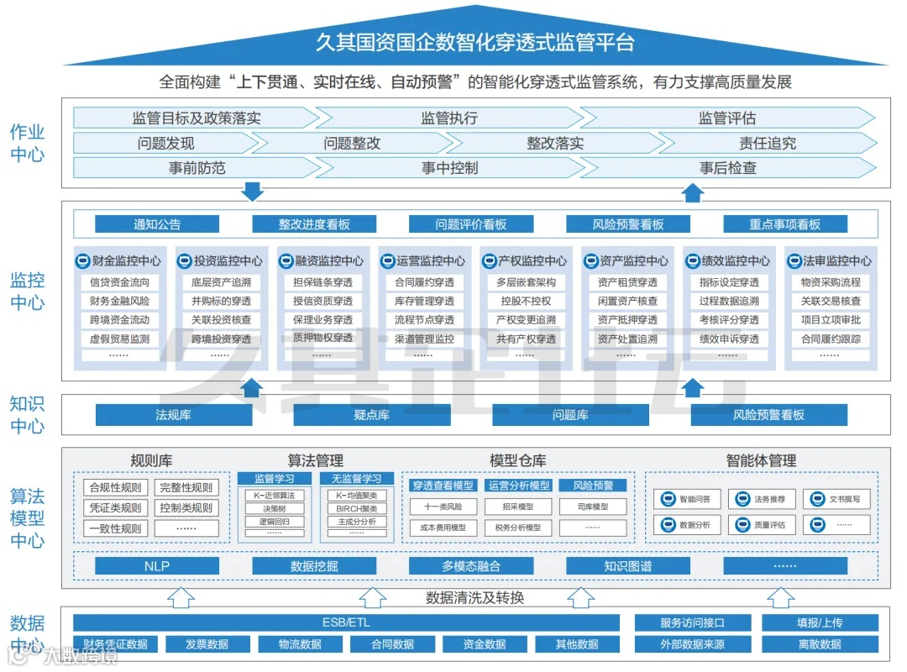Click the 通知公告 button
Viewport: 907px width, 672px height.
(157, 224)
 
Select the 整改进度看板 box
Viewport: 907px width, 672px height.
(314, 224)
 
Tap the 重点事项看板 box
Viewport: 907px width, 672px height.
(785, 224)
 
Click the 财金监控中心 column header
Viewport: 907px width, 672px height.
(121, 260)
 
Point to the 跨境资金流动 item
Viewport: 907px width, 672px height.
(120, 320)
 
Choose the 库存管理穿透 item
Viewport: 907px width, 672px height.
(424, 301)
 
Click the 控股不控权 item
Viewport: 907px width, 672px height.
(526, 301)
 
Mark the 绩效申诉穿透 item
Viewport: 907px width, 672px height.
(729, 339)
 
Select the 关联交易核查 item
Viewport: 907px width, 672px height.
(831, 301)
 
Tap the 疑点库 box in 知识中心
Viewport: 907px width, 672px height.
(371, 415)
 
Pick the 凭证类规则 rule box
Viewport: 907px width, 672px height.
(116, 508)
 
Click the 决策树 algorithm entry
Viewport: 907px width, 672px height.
(274, 508)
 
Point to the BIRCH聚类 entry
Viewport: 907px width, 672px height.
(357, 508)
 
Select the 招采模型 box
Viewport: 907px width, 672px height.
(518, 507)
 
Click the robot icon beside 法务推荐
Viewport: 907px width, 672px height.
(742, 499)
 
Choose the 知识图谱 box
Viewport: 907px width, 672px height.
(627, 566)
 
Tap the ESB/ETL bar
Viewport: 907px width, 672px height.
(346, 622)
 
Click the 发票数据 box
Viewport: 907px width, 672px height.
(207, 644)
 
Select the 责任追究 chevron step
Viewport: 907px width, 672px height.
(767, 143)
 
